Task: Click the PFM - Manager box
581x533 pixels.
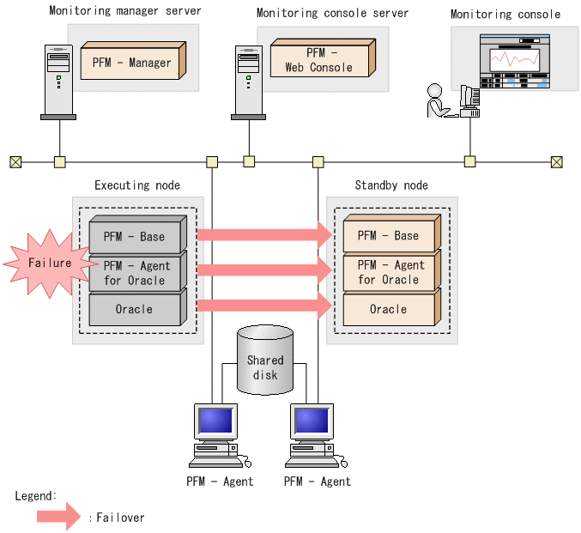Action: pos(131,63)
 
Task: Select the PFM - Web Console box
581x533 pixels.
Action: pos(318,60)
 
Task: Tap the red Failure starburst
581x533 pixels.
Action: pos(48,263)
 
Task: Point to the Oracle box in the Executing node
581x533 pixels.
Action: pos(136,310)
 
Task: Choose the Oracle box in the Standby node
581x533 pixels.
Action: pos(389,310)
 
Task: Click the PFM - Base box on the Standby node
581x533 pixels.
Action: pos(389,236)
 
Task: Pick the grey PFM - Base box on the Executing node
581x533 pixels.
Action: pos(136,237)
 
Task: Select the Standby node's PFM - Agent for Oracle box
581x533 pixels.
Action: pos(389,273)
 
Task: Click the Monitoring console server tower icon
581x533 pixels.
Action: pos(248,81)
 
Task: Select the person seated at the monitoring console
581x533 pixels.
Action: pos(436,102)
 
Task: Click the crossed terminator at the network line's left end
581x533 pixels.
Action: pos(15,161)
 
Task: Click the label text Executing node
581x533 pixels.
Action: pos(137,185)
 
